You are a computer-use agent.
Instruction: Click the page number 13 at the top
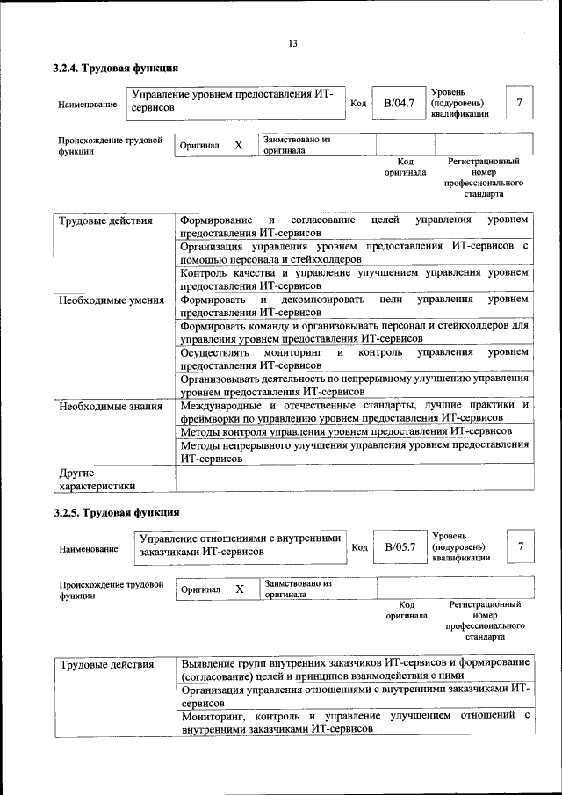[x=292, y=44]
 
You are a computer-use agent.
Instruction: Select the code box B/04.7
[x=398, y=105]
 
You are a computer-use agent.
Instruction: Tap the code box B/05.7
[x=399, y=547]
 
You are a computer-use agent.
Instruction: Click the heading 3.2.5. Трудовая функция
[x=116, y=511]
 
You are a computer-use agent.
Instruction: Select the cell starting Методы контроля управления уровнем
[x=346, y=431]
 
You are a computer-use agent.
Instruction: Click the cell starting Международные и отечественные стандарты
[x=354, y=412]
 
